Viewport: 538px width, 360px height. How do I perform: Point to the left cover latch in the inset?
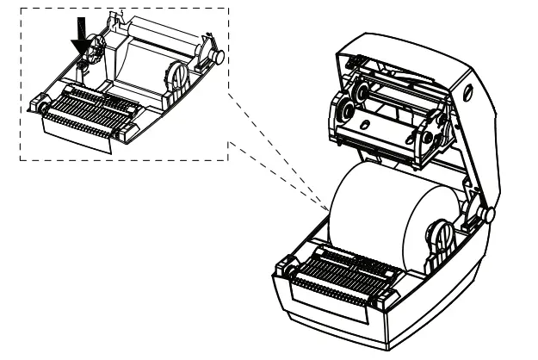pos(40,108)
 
